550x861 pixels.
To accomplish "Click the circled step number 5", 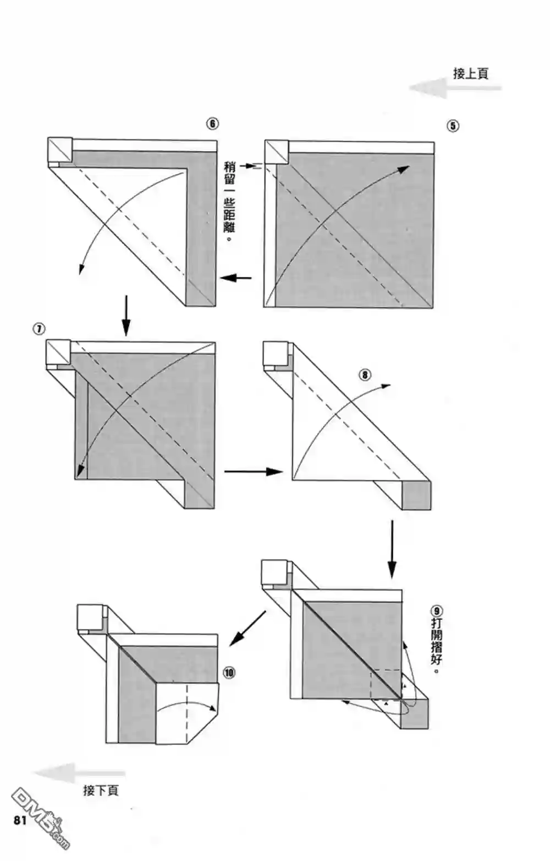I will [x=452, y=126].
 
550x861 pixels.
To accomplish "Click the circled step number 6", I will [x=212, y=124].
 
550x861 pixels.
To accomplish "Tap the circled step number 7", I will [x=39, y=329].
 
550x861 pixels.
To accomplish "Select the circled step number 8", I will [x=365, y=375].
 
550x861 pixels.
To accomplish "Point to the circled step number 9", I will [x=437, y=611].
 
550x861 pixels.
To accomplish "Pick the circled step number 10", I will [x=229, y=673].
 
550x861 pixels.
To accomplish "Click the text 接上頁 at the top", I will [x=470, y=74].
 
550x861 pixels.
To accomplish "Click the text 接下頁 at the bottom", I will [x=101, y=790].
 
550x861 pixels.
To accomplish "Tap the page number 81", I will [x=20, y=820].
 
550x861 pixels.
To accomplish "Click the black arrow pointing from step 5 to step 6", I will [x=236, y=277].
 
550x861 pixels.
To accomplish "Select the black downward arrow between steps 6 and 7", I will [x=126, y=315].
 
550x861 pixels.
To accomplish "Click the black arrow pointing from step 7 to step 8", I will [x=253, y=471].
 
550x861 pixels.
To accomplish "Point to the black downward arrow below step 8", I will [x=392, y=549].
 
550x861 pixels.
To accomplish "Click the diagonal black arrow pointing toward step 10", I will [x=248, y=628].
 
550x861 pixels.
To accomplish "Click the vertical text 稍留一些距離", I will [x=229, y=203].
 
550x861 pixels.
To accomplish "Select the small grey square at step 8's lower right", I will [x=416, y=495].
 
